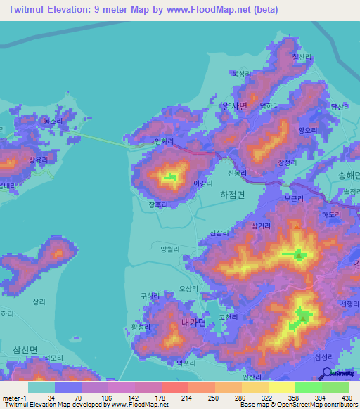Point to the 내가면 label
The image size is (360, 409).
(193, 323)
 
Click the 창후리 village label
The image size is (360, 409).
(159, 204)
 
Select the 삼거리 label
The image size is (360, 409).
(261, 226)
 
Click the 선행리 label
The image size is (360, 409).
(349, 304)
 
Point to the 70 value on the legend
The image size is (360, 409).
(68, 397)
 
